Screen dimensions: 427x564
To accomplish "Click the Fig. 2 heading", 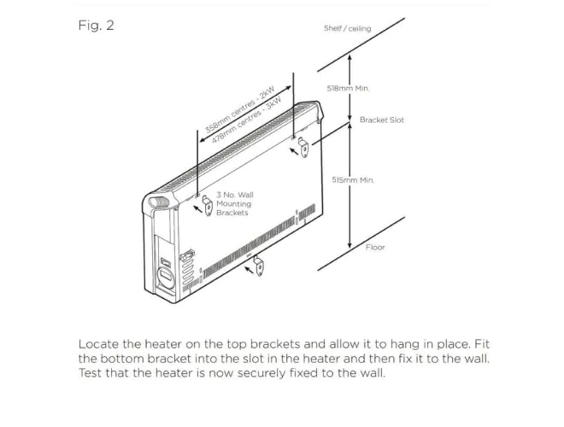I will coord(96,26).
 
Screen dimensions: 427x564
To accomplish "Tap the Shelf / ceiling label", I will coord(347,28).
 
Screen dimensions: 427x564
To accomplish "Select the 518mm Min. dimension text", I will coord(349,87).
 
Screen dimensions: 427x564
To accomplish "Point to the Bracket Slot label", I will coord(382,120).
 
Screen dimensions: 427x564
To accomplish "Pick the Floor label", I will coord(375,248).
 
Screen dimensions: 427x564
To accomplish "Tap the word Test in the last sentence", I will coord(91,373).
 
